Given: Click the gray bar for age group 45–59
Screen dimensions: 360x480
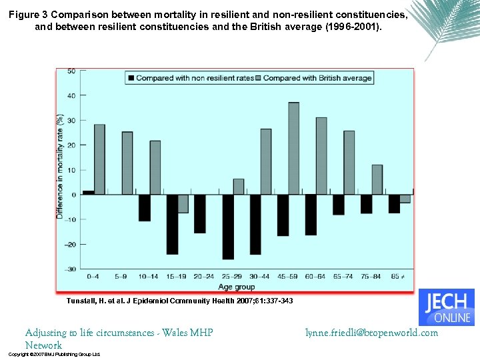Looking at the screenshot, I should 293,148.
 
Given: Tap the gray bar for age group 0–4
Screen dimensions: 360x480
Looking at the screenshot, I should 99,159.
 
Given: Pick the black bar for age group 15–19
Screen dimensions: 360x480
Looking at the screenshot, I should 172,224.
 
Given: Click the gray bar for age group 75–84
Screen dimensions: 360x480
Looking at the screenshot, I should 377,179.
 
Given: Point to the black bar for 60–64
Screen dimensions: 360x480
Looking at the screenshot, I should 311,215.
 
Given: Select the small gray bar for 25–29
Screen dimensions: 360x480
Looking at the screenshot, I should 239,187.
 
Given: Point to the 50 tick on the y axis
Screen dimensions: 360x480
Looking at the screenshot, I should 71,71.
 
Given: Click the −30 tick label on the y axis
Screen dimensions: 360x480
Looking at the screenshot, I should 69,269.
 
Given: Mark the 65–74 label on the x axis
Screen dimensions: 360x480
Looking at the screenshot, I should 344,277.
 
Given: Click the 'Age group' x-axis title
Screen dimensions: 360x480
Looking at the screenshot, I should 237,287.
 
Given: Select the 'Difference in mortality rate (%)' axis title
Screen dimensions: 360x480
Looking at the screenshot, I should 60,167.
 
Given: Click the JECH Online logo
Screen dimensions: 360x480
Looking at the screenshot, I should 446,307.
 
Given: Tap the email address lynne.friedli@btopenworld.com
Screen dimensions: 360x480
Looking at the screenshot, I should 371,333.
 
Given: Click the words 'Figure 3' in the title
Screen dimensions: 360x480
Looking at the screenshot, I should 30,15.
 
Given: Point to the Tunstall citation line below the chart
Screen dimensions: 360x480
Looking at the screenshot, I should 179,301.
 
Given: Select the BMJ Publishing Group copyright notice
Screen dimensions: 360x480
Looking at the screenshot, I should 54,355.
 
